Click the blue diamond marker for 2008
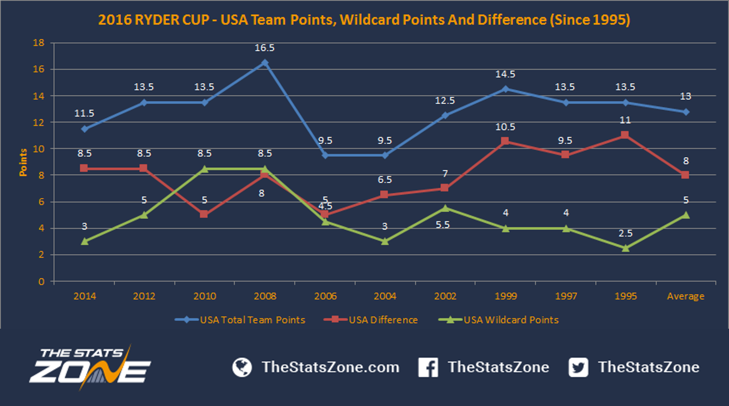click(x=265, y=63)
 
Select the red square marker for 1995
click(x=625, y=135)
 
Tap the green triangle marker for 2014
click(x=85, y=241)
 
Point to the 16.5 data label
click(x=264, y=48)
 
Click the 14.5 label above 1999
click(x=505, y=74)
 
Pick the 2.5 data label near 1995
click(x=625, y=233)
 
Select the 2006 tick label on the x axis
click(x=325, y=296)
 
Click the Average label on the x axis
click(x=685, y=296)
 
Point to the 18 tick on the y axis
click(x=39, y=42)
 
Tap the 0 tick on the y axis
click(x=41, y=281)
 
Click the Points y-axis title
click(x=23, y=163)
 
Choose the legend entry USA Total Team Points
click(x=240, y=319)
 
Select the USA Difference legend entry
click(x=370, y=319)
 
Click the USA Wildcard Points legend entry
click(x=498, y=319)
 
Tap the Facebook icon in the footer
click(x=428, y=367)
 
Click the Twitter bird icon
click(x=578, y=367)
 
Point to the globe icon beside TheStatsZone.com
click(x=242, y=367)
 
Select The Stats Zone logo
click(x=90, y=367)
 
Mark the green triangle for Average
click(x=685, y=215)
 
